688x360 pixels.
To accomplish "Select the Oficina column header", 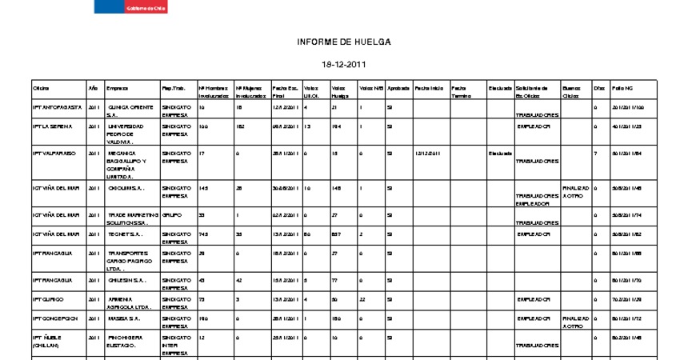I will pos(41,87).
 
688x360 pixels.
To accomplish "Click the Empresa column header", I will pos(118,87).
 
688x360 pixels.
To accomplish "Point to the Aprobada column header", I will pos(398,87).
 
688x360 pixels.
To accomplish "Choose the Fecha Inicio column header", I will pos(429,87).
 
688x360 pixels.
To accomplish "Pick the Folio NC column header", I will pos(622,87).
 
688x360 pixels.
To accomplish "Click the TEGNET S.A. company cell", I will pos(125,234).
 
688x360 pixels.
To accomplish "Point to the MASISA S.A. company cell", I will pos(123,318).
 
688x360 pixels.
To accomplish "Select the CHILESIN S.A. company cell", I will pos(126,280).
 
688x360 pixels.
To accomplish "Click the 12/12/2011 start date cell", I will pos(428,153).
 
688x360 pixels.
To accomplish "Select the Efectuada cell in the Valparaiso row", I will pos(500,153).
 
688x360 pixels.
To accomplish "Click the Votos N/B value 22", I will pos(363,298).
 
